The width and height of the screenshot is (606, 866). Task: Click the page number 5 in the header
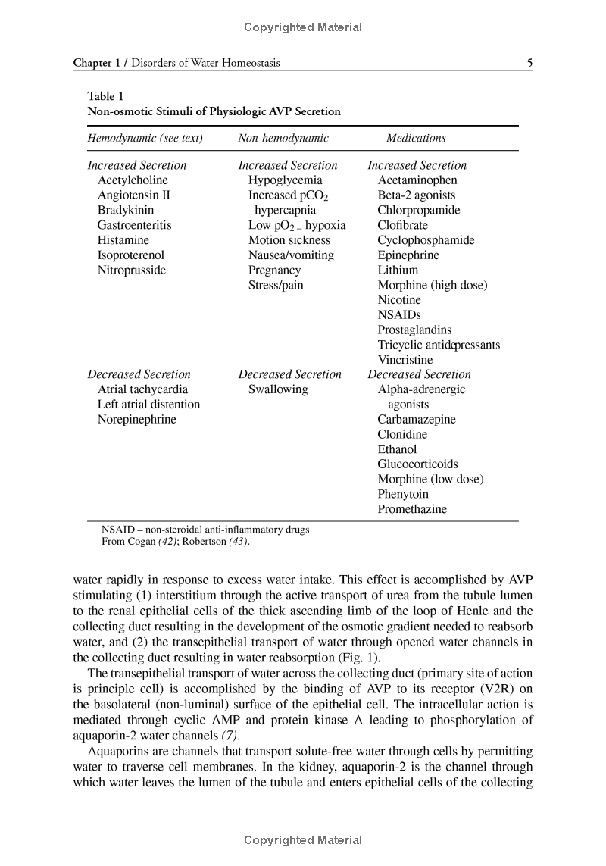pyautogui.click(x=529, y=63)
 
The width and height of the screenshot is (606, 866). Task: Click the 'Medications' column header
pyautogui.click(x=416, y=138)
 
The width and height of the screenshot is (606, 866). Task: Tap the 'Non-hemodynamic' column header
pyautogui.click(x=283, y=138)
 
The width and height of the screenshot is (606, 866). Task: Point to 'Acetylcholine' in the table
pyautogui.click(x=133, y=180)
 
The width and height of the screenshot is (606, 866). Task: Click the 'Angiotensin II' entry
pyautogui.click(x=134, y=195)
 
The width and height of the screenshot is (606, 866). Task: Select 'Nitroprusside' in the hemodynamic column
pyautogui.click(x=131, y=270)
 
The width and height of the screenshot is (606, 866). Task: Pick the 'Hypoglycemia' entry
pyautogui.click(x=285, y=180)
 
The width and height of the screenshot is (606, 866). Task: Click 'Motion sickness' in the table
pyautogui.click(x=289, y=240)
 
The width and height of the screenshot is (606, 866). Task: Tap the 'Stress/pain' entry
pyautogui.click(x=276, y=285)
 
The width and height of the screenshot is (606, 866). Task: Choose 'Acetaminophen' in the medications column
pyautogui.click(x=417, y=180)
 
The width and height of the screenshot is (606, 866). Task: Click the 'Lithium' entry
pyautogui.click(x=398, y=270)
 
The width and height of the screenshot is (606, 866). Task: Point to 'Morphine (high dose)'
pyautogui.click(x=433, y=285)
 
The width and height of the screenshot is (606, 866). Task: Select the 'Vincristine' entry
pyautogui.click(x=405, y=360)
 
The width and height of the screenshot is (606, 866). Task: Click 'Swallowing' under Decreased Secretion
pyautogui.click(x=278, y=389)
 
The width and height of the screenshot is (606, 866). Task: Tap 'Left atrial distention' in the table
pyautogui.click(x=148, y=405)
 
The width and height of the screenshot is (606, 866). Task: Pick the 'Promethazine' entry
pyautogui.click(x=412, y=509)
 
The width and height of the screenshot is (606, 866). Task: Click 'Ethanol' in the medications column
pyautogui.click(x=397, y=449)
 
